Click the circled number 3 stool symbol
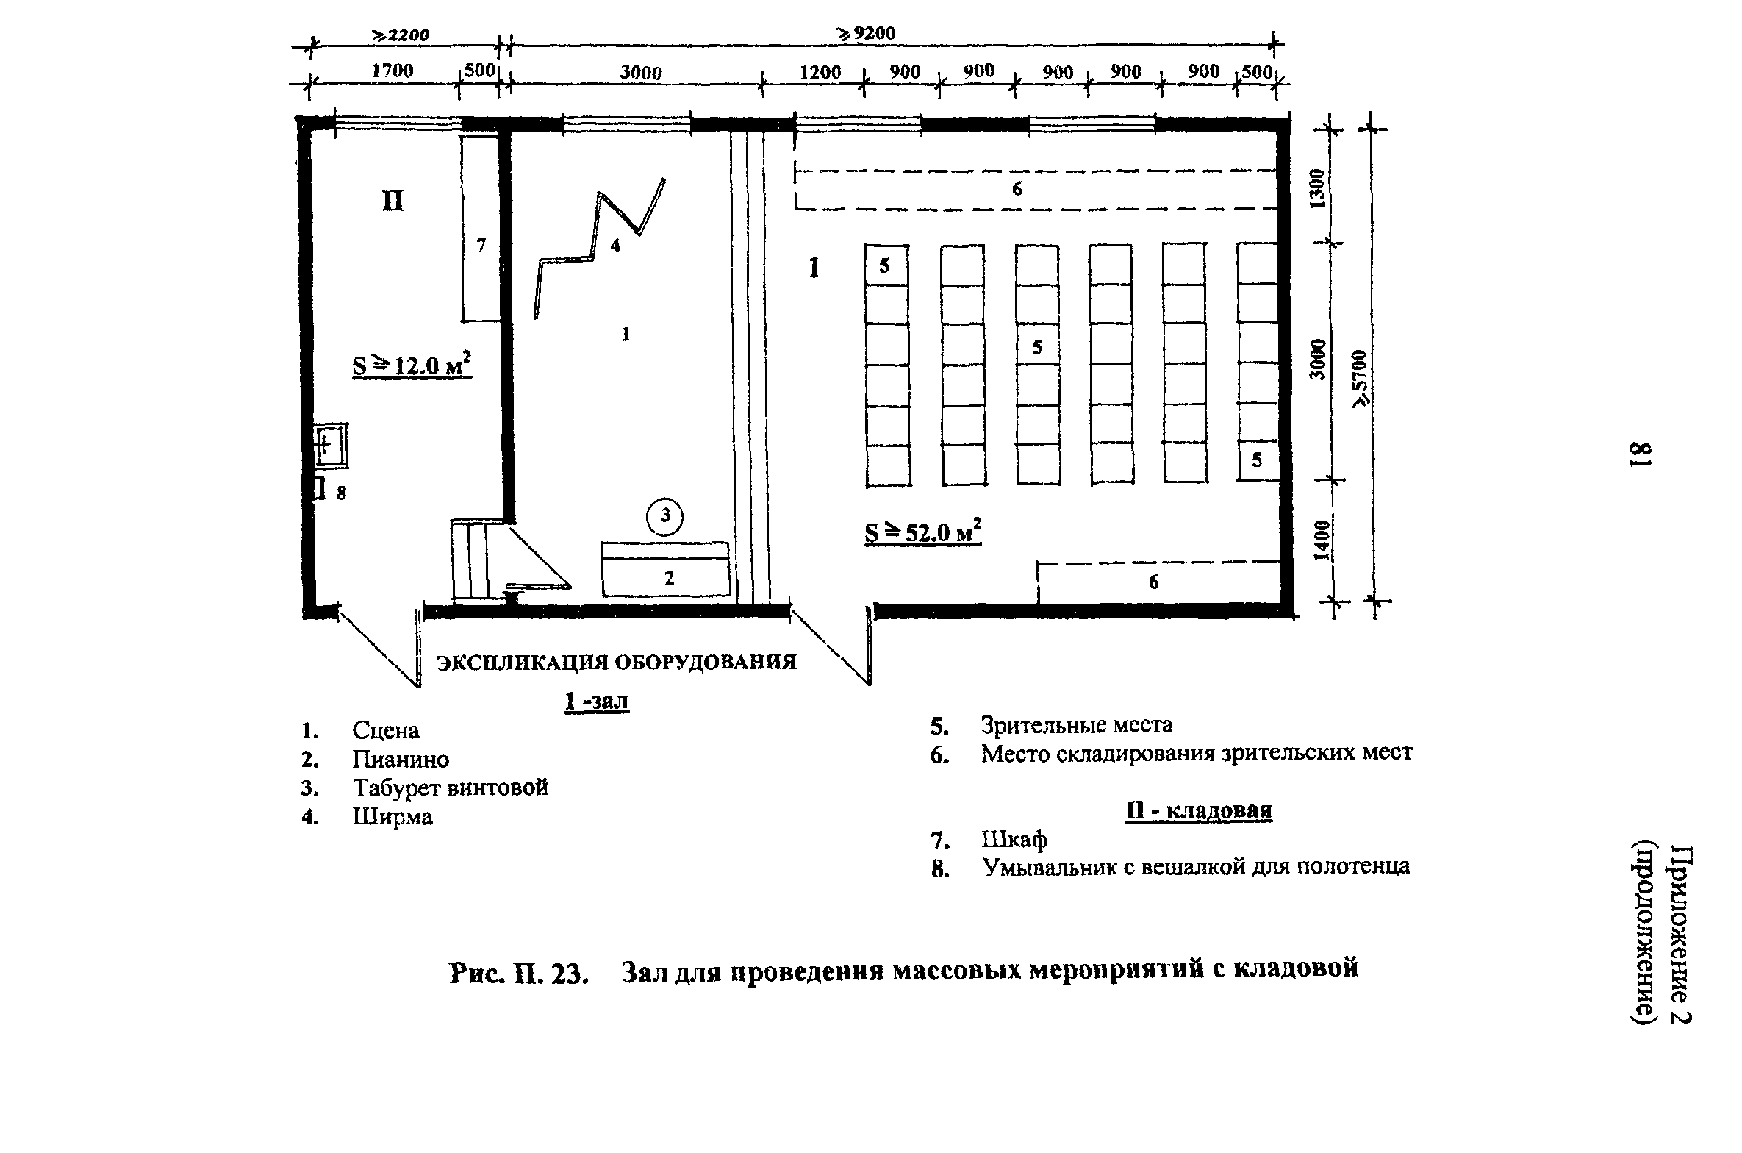tap(664, 518)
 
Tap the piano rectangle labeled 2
tap(666, 570)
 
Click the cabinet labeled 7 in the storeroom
tap(481, 228)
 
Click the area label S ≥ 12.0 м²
tap(412, 365)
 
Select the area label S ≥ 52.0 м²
tap(923, 532)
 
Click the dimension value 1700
tap(392, 71)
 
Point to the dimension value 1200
tap(820, 72)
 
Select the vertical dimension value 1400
tap(1321, 540)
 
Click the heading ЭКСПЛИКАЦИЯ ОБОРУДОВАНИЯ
tap(616, 663)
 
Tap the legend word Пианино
tap(400, 759)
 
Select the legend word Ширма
tap(393, 817)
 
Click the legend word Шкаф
tap(1014, 839)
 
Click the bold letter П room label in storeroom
tap(393, 201)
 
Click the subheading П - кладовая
tap(1198, 810)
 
